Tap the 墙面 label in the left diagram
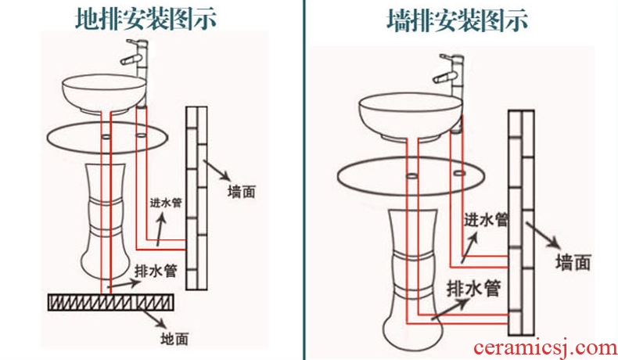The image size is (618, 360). pos(242,191)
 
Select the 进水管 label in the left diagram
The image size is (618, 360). pos(166,203)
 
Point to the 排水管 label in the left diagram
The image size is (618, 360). pos(156,271)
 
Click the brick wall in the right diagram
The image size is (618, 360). pos(520,219)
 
